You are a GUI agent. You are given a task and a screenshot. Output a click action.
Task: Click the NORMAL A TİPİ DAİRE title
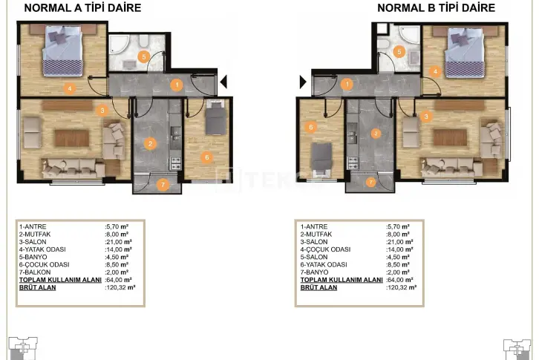[82, 7]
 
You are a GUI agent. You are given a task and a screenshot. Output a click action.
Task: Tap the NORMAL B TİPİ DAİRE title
[437, 7]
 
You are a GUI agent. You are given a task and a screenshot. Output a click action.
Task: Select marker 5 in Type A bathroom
[144, 56]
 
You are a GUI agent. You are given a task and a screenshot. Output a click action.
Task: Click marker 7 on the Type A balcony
[163, 185]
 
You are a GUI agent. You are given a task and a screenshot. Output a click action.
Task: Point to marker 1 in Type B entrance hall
[347, 84]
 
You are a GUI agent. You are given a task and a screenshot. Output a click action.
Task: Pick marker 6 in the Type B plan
[311, 127]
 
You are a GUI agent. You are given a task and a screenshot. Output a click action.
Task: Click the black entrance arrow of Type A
[223, 82]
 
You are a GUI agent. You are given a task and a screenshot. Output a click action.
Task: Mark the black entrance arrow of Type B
[303, 82]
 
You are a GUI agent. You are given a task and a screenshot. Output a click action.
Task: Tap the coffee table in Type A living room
[72, 138]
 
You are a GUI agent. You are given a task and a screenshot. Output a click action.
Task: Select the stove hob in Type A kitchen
[175, 163]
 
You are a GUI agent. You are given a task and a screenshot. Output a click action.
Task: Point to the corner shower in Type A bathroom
[119, 47]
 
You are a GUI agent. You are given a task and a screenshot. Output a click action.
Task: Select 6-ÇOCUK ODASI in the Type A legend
[45, 264]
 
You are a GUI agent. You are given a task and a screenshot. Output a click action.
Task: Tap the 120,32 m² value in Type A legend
[121, 287]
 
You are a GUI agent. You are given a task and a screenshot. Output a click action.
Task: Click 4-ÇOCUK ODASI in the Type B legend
[325, 249]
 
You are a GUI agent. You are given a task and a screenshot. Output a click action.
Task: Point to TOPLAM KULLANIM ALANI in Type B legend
[342, 280]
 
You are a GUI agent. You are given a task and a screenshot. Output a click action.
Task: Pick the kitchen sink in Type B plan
[352, 137]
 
